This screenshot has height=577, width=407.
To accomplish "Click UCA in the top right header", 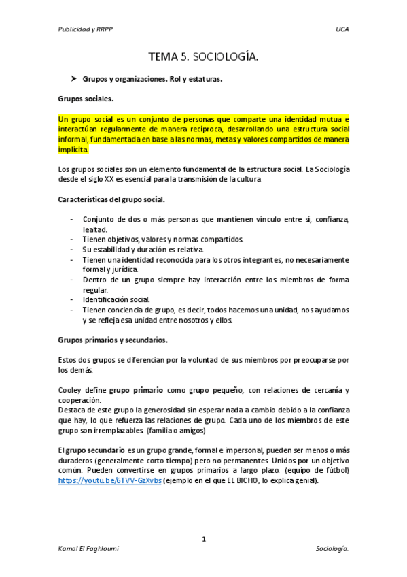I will pos(342,29).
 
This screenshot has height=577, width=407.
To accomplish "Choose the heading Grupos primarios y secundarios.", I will pos(113,339).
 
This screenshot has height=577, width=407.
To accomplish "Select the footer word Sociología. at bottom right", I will pos(332,548).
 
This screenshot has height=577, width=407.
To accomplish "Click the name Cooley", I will pos(70,390).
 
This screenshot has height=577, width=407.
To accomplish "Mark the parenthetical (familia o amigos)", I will pos(178,430).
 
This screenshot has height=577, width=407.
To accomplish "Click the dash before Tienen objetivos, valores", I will pos(73,239).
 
